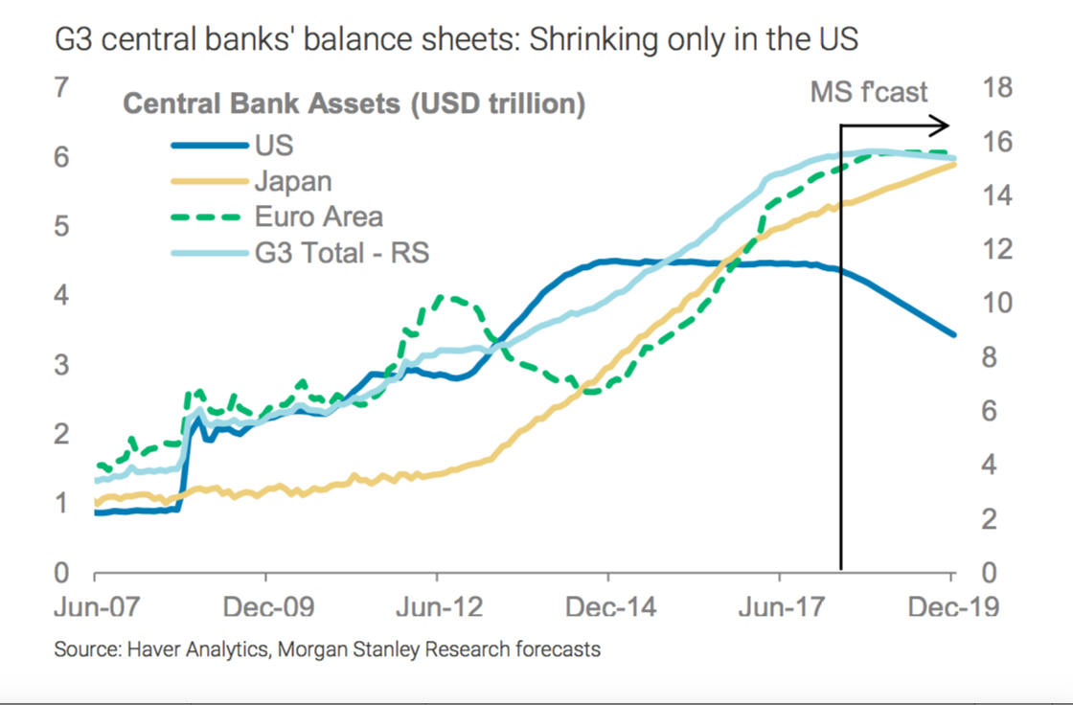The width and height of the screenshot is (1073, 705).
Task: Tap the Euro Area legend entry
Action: (318, 216)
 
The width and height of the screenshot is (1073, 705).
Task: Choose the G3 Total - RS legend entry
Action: (342, 253)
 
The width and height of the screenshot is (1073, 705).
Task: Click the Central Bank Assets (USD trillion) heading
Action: (354, 103)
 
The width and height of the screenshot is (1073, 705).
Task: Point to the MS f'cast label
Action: (869, 92)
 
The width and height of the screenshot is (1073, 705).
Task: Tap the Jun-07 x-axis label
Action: (94, 607)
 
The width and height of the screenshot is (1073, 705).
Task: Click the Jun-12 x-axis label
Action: (437, 607)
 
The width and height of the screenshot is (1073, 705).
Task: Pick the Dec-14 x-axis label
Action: (607, 607)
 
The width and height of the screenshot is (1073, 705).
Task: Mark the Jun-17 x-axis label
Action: (779, 607)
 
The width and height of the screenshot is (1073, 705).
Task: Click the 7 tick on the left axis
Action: (62, 88)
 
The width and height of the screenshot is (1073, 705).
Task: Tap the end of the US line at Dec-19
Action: (952, 334)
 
